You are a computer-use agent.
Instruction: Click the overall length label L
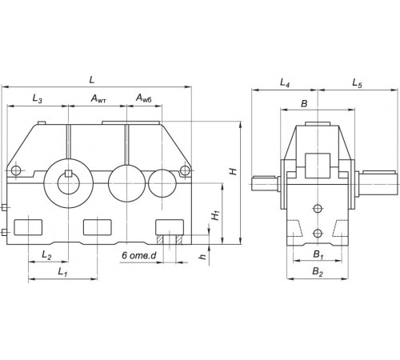coord(92,80)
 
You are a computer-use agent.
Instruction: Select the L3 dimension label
coord(38,98)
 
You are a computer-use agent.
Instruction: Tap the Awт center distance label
coord(98,98)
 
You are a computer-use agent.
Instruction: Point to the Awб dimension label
coord(144,98)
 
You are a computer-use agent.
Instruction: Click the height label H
coord(234,171)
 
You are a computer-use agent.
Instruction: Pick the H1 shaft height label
coord(215,215)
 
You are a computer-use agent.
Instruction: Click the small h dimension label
coord(203,256)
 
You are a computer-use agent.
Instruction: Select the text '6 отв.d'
coord(139,255)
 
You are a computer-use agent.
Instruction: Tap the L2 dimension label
coord(46,255)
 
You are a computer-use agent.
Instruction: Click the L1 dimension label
coord(62,272)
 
